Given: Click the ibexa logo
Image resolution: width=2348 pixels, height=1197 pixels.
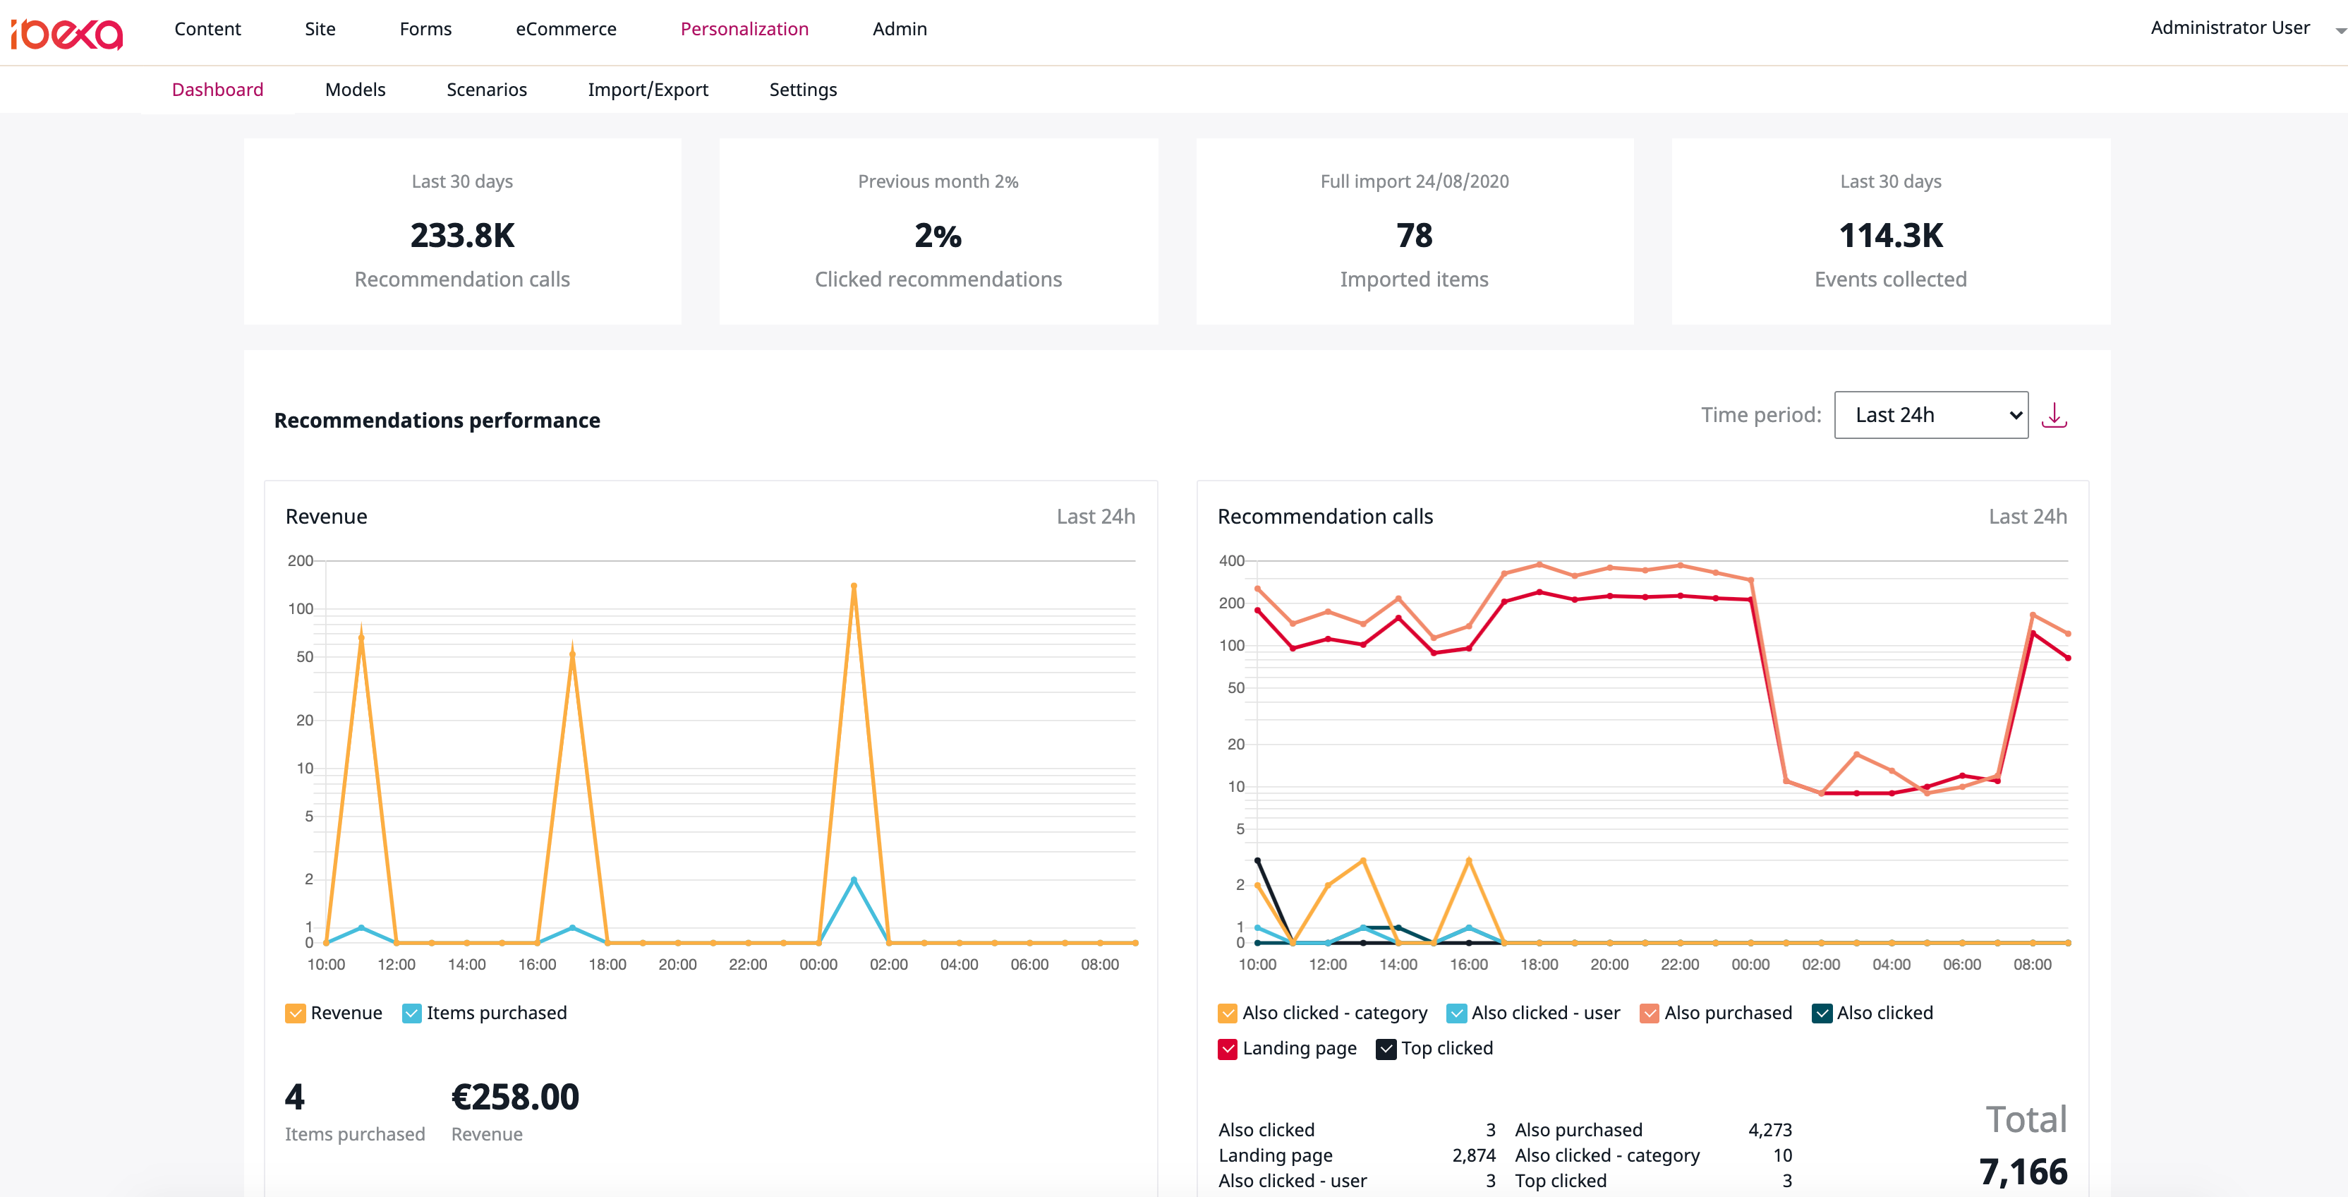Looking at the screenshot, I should (66, 33).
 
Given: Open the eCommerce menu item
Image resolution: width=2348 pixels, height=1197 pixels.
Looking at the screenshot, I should (565, 29).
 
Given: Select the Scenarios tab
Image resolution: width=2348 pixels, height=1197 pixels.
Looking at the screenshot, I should (486, 90).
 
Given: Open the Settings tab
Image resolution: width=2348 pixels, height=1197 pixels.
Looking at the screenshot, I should (802, 90).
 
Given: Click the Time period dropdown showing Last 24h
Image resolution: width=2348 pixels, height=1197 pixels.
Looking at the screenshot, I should (1930, 415).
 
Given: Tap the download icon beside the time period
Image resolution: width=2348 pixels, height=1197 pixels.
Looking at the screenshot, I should (2054, 415).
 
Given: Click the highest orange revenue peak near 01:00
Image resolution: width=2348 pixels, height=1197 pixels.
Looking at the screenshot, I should (853, 587).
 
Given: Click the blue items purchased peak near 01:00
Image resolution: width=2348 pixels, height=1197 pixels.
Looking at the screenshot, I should (853, 879).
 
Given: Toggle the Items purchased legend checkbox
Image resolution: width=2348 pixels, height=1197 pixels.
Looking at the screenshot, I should (412, 1013).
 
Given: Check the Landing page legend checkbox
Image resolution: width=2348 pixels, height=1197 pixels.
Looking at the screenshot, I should (1227, 1048).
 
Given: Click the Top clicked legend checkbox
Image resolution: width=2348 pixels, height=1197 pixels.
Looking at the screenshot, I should (1386, 1048).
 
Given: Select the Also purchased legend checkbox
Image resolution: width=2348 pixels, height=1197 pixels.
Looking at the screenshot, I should (1649, 1013).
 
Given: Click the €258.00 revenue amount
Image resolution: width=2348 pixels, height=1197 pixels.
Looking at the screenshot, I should (515, 1097).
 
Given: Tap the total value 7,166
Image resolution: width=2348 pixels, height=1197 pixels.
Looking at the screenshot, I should (2023, 1172).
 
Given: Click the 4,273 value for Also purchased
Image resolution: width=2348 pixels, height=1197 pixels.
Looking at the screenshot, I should (1769, 1129).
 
